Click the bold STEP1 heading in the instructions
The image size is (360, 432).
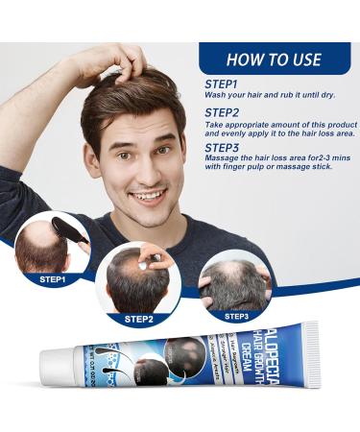click(x=223, y=84)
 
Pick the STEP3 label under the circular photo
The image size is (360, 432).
click(x=236, y=314)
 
